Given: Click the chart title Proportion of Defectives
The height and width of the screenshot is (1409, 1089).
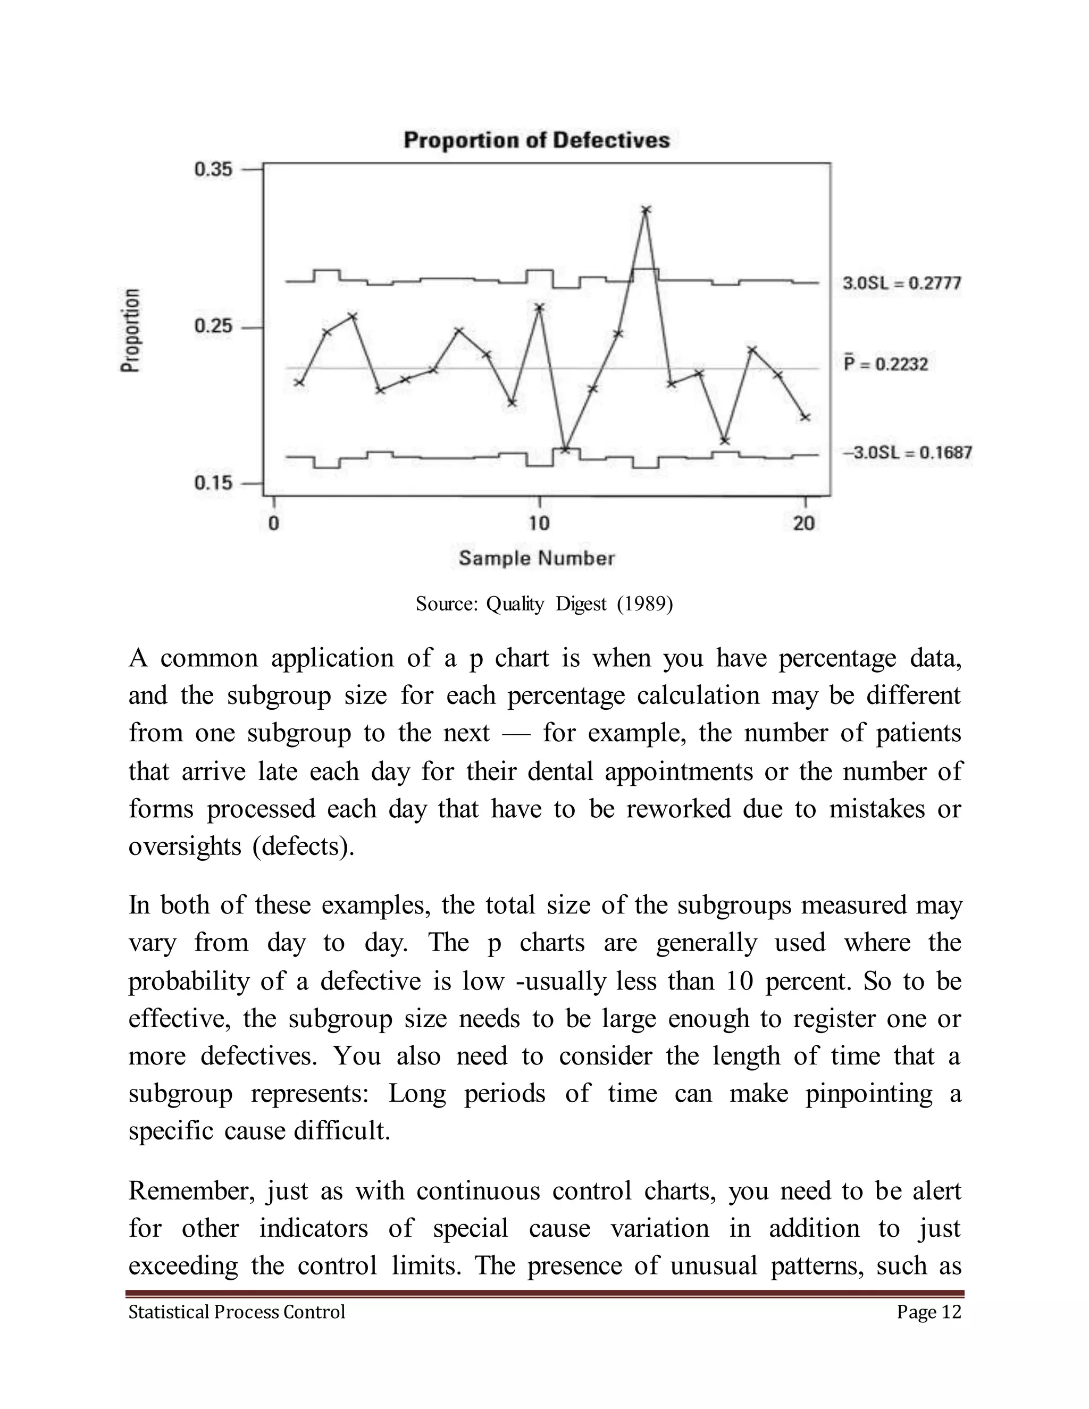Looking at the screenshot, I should pos(536,140).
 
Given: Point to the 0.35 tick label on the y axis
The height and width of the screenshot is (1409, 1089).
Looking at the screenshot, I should pos(213,170).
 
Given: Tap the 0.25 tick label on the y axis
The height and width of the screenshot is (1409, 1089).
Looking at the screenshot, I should pos(213,326).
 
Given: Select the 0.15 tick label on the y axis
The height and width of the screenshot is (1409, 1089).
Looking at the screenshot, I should pos(213,483).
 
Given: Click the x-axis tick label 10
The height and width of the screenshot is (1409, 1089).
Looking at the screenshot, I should pos(539,523).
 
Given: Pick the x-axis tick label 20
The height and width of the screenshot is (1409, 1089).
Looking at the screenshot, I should pos(804,523).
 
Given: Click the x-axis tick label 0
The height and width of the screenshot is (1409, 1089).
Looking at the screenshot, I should pos(273,523).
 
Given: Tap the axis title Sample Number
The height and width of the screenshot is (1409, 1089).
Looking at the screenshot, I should pos(536,558).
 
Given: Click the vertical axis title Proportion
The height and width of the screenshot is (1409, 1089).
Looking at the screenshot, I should pos(130,330).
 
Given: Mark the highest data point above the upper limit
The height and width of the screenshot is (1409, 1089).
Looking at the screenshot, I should pos(646,209).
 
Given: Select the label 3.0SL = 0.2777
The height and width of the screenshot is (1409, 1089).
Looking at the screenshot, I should pos(901,283).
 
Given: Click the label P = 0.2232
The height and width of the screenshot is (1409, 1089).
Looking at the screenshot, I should pos(886,365).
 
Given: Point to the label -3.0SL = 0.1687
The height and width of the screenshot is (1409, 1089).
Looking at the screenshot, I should pos(907,452).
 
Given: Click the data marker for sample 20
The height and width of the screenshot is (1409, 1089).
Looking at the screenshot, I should pos(805,417).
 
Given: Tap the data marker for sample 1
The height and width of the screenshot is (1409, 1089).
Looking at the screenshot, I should pos(299,383).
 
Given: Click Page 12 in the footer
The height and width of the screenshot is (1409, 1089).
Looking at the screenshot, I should pos(928,1312).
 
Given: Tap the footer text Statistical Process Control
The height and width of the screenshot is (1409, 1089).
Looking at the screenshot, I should pos(237,1312).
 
